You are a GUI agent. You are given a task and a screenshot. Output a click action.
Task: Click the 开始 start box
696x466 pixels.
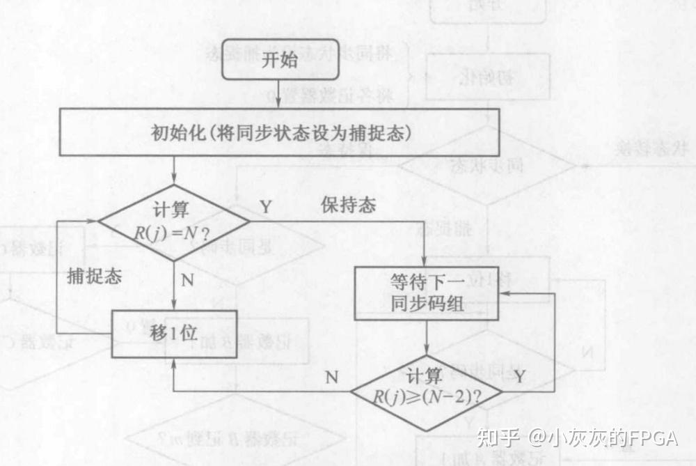point(280,60)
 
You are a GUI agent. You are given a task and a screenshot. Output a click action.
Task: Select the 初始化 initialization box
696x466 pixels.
point(280,132)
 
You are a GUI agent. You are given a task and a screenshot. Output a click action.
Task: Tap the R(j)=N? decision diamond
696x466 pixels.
point(173,223)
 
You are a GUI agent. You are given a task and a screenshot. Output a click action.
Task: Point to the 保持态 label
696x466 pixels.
point(348,205)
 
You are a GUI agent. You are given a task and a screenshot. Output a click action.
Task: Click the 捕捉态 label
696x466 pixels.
point(94,276)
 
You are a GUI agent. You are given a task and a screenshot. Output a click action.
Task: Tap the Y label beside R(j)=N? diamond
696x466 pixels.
point(266,206)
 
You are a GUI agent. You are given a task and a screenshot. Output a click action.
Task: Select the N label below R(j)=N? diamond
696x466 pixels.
point(187,281)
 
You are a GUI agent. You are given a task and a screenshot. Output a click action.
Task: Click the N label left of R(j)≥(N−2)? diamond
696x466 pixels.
point(332,378)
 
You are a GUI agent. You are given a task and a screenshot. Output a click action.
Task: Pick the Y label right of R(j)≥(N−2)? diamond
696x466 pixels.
point(519,377)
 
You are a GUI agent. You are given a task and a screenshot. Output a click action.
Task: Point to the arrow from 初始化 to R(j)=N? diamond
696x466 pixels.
point(173,171)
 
